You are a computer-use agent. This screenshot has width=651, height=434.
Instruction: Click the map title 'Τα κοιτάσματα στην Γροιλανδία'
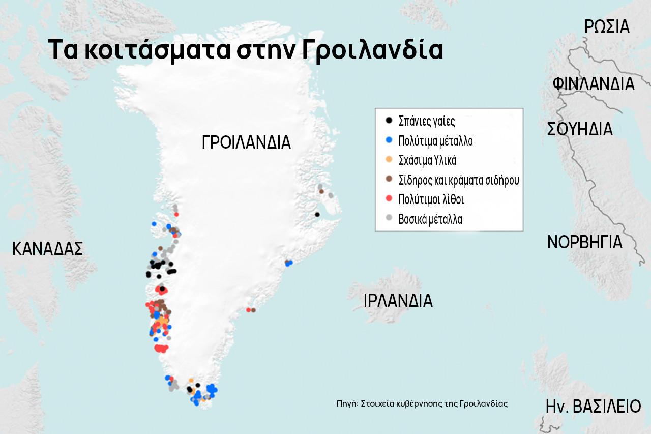point(245,49)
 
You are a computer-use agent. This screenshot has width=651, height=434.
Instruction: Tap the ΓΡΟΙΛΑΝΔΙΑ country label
point(246,142)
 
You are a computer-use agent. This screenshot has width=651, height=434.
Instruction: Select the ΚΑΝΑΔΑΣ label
point(47,249)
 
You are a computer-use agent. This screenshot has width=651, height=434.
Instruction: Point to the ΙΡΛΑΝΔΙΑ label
point(398,301)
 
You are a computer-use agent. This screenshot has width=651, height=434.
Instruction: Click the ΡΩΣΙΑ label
point(607,26)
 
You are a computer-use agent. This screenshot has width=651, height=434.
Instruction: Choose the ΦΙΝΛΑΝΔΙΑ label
point(594,83)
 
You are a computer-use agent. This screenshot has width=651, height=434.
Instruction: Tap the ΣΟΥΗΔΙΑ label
point(580,129)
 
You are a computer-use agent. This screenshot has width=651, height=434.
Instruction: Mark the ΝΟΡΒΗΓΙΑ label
point(584,242)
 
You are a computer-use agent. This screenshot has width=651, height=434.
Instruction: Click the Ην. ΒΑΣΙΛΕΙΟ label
point(593,407)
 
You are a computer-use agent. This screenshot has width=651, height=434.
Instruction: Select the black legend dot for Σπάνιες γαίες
point(389,121)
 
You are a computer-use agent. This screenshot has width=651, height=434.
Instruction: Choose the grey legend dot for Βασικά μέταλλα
point(389,218)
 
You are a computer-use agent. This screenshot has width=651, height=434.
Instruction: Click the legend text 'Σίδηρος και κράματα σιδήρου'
point(459,180)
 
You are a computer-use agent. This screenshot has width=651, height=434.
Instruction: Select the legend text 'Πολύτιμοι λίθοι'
point(431,199)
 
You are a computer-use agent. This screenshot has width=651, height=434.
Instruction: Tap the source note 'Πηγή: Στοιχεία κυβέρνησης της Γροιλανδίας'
point(422,403)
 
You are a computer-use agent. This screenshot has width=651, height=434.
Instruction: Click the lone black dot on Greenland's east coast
point(317,214)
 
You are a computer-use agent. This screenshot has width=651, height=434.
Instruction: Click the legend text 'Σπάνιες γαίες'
point(427,121)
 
